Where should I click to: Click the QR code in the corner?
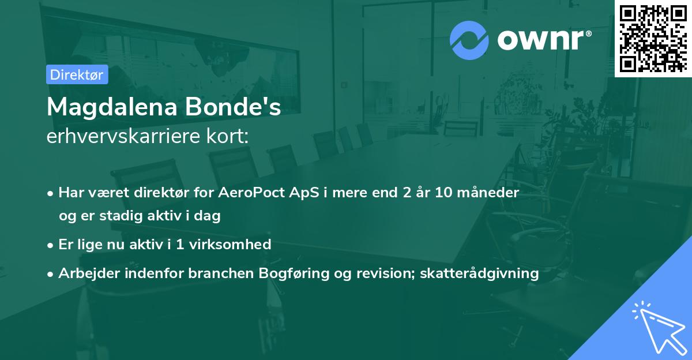pos(653,37)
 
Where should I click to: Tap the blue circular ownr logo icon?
pos(469,40)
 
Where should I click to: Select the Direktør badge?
pos(77,74)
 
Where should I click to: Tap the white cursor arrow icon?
pos(657,325)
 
